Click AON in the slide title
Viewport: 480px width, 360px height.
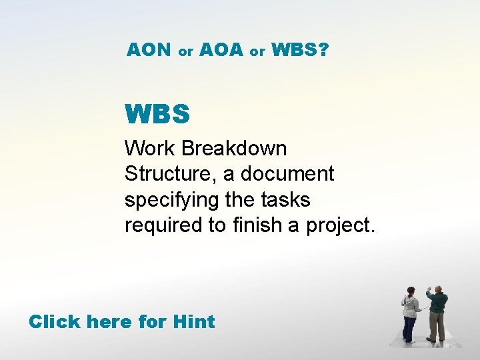(x=149, y=50)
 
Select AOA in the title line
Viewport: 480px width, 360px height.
(x=221, y=50)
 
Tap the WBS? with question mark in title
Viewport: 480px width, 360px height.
(x=299, y=50)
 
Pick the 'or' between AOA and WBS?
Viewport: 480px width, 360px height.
(x=257, y=51)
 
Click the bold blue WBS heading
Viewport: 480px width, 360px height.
(x=157, y=115)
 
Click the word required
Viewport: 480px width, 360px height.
(x=163, y=226)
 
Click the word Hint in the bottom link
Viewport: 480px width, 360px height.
(x=193, y=322)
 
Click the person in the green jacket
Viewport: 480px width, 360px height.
(x=437, y=313)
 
